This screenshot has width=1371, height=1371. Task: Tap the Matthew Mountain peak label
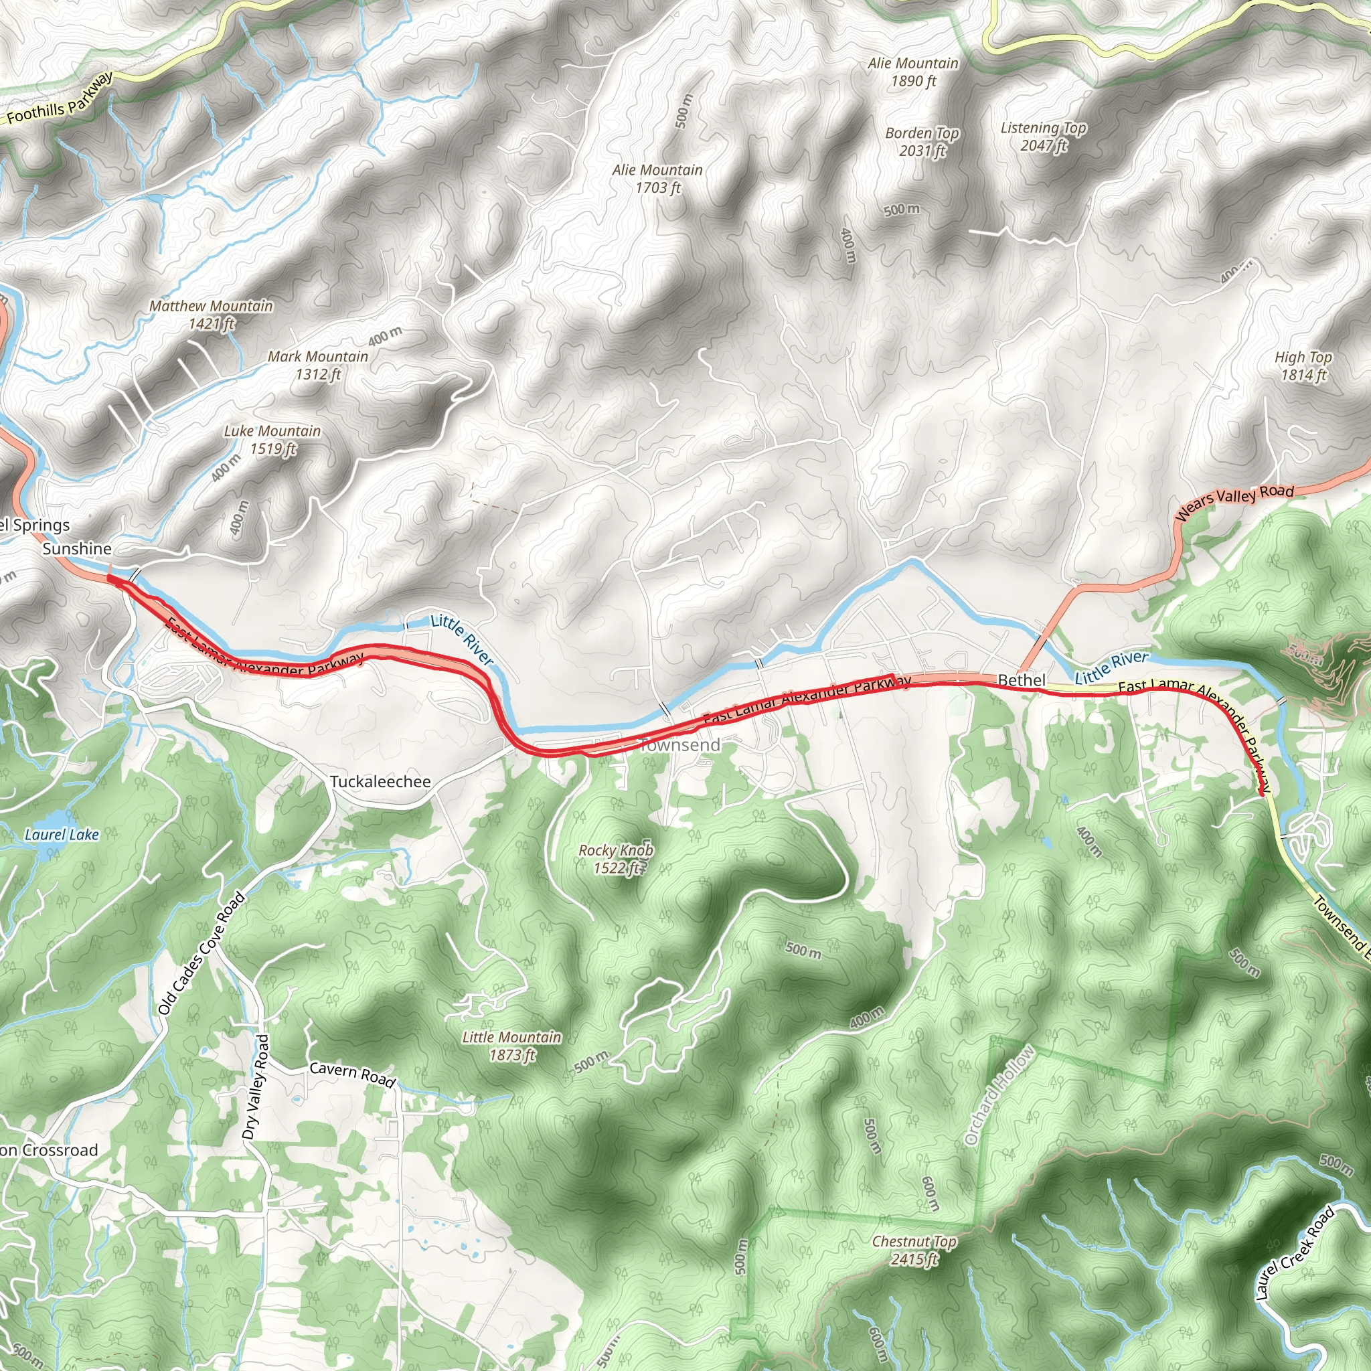pos(211,315)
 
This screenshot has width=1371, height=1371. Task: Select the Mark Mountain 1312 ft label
pos(318,365)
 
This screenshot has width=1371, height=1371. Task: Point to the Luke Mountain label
pos(272,439)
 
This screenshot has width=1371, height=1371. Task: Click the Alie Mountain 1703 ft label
pos(658,178)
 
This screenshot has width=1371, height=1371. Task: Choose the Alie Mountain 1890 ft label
pos(913,72)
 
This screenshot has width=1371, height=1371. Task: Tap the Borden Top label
pos(922,141)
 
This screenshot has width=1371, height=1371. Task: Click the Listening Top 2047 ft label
pos(1043,137)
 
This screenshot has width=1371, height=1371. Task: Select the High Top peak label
pos(1303,366)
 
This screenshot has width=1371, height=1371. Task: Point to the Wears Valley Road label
pos(1234,503)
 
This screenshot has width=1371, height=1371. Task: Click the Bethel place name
pos(1022,680)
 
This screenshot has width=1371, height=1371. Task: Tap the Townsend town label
pos(680,744)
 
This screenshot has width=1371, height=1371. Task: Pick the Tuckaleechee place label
pos(380,781)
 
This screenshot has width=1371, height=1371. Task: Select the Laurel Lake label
pos(62,835)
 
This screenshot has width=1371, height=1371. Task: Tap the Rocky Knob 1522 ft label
pos(616,859)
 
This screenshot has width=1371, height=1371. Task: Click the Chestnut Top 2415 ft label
pos(914,1251)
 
